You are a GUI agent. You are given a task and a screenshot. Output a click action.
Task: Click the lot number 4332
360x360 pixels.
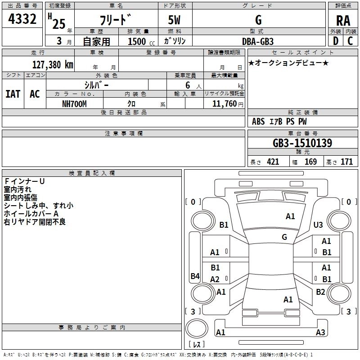pos(22,19)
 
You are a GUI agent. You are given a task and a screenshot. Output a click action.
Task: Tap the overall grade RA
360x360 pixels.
pos(343,21)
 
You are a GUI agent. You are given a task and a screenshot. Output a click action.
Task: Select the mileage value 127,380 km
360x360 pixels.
pos(53,65)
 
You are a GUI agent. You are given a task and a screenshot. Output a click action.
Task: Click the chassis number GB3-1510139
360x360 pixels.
pos(302,143)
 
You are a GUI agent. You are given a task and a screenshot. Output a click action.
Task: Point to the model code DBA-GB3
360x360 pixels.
pos(258,41)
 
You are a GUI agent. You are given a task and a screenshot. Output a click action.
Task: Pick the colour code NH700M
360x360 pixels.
pos(74,104)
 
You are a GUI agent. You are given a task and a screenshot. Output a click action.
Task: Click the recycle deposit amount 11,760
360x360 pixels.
pos(224,104)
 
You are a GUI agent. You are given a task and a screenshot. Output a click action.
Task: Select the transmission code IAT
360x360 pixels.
pos(13,94)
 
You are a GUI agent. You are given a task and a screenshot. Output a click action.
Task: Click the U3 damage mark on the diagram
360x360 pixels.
pos(318,225)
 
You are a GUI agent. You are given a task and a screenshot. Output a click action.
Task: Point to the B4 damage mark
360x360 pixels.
pos(195,276)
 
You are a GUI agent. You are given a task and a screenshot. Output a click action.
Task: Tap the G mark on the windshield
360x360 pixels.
pos(284,237)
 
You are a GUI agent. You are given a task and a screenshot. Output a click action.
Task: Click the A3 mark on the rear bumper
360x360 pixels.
pos(320,332)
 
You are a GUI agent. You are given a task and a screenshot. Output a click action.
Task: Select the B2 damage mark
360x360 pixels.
pos(320,292)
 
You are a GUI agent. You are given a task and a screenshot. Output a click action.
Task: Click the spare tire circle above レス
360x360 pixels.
pos(197,328)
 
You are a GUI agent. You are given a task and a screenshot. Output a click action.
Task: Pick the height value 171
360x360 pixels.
pos(346,162)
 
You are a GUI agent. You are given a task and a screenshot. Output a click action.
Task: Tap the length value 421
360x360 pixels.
pos(273,162)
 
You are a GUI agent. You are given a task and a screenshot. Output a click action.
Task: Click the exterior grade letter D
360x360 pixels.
pos(336,41)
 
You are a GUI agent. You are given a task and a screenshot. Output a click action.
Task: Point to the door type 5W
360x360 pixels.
pos(174,20)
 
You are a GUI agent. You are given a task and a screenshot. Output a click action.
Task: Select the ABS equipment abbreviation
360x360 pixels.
pos(258,121)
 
